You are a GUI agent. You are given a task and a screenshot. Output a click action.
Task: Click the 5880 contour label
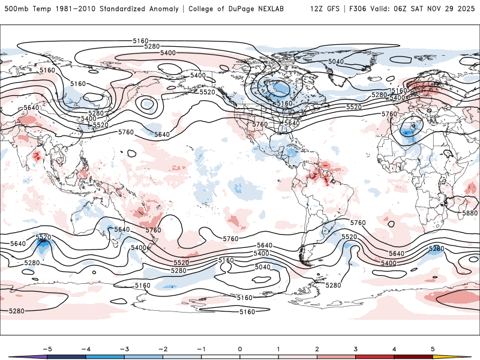pos(470,213)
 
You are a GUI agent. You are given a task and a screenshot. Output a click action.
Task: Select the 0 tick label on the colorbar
pos(240,349)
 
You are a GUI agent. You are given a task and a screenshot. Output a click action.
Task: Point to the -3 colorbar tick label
pos(124,349)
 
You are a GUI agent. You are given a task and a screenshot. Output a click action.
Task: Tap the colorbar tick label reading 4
pos(394,349)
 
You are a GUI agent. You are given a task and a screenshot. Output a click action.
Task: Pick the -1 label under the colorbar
pos(201,349)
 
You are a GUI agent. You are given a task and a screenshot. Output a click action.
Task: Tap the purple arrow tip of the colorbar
pos(18,356)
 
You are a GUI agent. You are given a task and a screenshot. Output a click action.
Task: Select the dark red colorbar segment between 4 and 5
pos(413,356)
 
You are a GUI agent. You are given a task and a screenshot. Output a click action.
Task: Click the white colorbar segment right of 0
pos(259,356)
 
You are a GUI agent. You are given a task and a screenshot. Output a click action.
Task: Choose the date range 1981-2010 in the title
pos(62,9)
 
